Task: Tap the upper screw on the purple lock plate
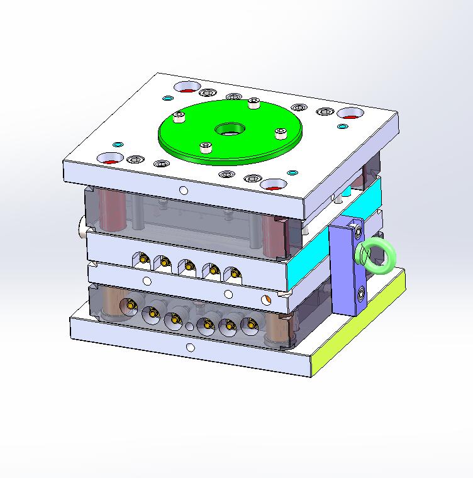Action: coord(359,231)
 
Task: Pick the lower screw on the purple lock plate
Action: coord(362,292)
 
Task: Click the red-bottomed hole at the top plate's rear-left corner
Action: coord(187,86)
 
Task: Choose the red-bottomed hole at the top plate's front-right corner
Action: coord(274,186)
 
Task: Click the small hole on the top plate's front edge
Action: coord(183,190)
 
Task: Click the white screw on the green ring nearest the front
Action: coord(206,147)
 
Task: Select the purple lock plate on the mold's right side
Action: coord(345,270)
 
